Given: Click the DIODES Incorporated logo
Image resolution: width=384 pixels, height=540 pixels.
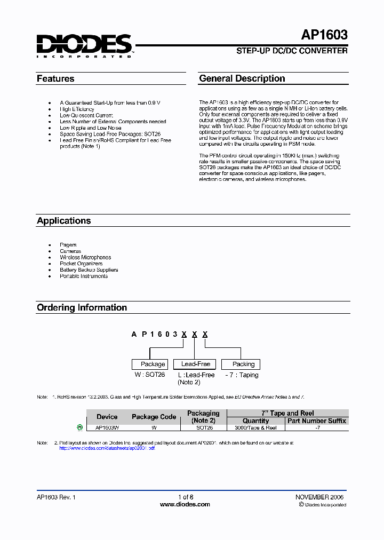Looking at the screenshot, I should point(84,45).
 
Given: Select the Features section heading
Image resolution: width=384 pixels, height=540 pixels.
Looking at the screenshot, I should point(55,78).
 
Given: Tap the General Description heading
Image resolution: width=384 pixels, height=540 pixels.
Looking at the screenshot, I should point(242,78).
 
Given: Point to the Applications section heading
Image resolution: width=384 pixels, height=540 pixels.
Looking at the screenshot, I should point(63,220).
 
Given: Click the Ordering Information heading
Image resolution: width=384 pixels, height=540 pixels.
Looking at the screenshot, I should point(82,307).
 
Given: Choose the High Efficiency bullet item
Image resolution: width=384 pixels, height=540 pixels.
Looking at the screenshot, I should point(77,109).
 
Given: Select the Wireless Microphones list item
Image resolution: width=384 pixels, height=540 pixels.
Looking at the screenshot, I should point(85,257).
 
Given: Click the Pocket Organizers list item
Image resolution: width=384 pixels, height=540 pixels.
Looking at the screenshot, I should point(81,264).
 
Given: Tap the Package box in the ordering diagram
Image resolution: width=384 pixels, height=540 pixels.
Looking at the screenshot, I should point(153,364).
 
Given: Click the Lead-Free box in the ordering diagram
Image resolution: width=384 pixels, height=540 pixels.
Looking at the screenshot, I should point(196,364).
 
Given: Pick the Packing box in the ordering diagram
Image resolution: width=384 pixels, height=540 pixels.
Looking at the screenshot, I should point(243,364).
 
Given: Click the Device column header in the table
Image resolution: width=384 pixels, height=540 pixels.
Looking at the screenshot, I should point(107,417).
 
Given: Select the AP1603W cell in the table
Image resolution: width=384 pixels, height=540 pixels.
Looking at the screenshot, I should point(107,428).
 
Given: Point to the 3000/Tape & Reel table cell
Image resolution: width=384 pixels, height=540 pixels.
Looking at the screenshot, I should point(256,428).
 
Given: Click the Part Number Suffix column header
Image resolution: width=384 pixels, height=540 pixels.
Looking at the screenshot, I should point(317,420).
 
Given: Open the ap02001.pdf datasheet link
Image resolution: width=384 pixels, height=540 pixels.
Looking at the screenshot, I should point(107,448).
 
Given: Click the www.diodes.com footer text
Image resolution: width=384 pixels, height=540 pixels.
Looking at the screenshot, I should point(185,504).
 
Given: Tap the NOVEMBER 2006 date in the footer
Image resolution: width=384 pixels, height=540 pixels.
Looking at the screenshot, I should point(320,497).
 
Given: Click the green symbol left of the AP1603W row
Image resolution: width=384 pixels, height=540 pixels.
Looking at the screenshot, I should point(80,427).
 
